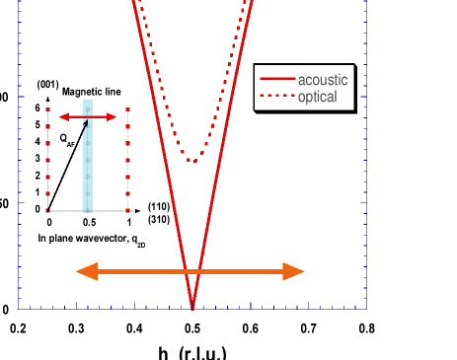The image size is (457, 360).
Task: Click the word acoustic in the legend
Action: click(x=323, y=80)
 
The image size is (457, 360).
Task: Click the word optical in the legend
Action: click(x=318, y=97)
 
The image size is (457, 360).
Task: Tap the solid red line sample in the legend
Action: click(x=276, y=80)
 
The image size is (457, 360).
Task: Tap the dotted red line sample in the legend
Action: click(x=276, y=97)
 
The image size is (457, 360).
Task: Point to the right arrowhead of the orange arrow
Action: click(x=294, y=271)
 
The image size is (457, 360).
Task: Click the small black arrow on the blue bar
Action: click(x=85, y=125)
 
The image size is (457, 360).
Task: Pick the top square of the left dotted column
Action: click(x=47, y=110)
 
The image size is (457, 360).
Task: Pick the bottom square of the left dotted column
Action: click(x=47, y=210)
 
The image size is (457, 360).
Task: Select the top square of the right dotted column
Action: click(x=127, y=110)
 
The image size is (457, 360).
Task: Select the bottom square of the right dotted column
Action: click(x=127, y=210)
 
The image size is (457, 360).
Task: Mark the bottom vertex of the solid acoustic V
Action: click(x=192, y=308)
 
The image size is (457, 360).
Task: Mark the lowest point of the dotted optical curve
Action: click(x=193, y=160)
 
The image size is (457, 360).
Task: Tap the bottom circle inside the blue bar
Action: click(x=88, y=193)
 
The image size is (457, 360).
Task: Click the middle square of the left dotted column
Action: click(x=47, y=161)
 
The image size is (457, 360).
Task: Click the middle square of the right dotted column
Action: click(x=127, y=161)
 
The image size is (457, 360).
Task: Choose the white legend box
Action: click(x=303, y=88)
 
